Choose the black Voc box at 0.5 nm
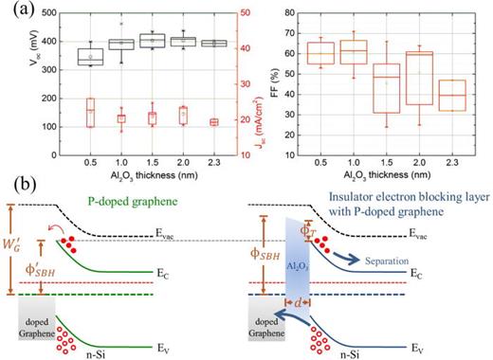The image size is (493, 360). pos(90,56)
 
